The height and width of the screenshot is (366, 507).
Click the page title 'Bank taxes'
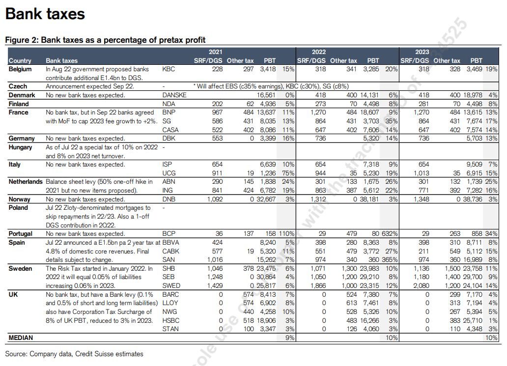point(45,14)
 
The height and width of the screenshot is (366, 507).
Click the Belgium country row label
point(20,69)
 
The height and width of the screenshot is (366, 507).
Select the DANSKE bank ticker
point(174,95)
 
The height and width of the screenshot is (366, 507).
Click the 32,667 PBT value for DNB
point(265,199)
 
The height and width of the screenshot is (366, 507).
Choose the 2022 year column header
point(319,52)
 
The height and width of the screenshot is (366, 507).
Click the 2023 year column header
point(422,52)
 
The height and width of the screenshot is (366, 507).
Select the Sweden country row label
point(21,268)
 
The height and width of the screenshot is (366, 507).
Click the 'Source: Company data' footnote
point(74,354)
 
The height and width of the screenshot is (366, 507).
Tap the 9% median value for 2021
point(289,338)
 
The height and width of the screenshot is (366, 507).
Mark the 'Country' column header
point(20,61)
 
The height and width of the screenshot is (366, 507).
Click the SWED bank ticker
point(170,285)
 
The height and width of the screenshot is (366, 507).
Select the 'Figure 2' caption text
point(105,40)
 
